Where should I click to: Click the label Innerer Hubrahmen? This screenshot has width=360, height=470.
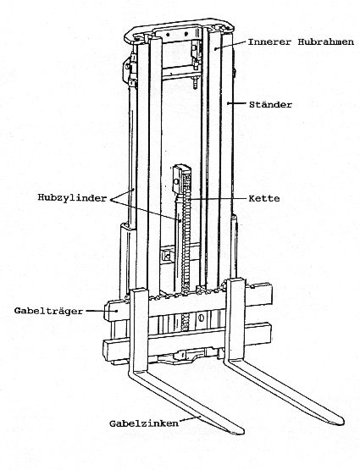301,41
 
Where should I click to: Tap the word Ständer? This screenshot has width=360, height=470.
270,104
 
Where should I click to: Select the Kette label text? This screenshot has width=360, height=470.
264,198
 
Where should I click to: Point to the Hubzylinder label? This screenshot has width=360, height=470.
72,197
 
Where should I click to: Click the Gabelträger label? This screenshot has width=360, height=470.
48,311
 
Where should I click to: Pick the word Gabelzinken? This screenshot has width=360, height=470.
144,423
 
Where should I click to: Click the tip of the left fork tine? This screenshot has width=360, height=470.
240,432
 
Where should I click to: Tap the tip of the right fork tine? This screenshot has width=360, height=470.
341,422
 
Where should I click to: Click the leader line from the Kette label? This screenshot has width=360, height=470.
218,199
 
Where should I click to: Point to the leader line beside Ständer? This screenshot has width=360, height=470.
237,103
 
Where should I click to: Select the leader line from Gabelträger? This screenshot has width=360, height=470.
101,311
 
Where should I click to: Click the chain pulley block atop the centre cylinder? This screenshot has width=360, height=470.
181,178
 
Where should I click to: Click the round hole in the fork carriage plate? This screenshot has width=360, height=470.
201,317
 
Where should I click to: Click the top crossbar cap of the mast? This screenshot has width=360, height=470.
179,30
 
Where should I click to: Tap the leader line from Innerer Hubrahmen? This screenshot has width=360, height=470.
230,45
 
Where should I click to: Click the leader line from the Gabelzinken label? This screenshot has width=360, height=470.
190,420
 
